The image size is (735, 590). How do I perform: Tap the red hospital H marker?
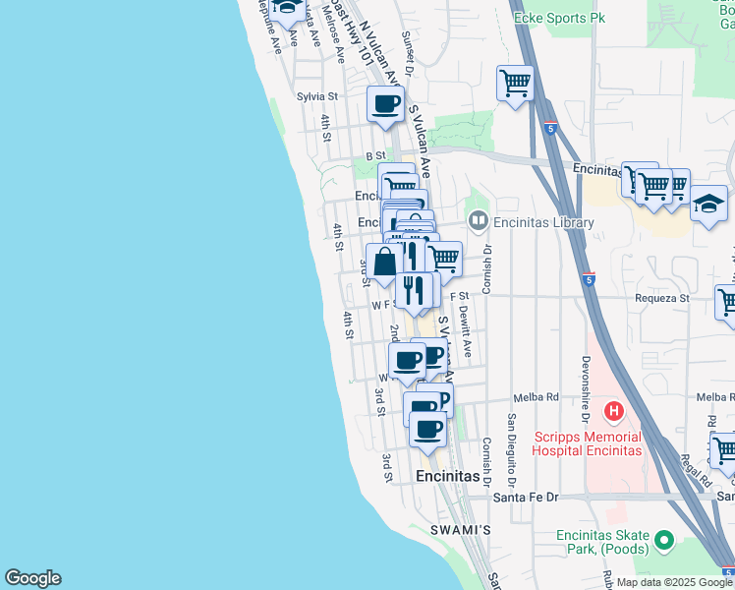[614, 410]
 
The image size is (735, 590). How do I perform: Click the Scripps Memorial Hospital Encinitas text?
[587, 443]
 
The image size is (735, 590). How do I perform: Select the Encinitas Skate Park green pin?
[664, 540]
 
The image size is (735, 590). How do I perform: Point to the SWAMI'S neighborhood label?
[460, 530]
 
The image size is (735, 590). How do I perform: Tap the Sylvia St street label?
[317, 96]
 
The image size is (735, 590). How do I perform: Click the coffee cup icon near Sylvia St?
[386, 102]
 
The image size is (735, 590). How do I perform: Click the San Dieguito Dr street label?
[511, 449]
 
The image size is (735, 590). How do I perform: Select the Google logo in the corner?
[32, 578]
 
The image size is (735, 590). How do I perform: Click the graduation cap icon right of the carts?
[707, 205]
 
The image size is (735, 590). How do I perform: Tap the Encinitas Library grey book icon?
[479, 221]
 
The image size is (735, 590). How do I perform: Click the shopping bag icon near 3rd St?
[385, 262]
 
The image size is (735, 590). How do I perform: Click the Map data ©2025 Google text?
[674, 582]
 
